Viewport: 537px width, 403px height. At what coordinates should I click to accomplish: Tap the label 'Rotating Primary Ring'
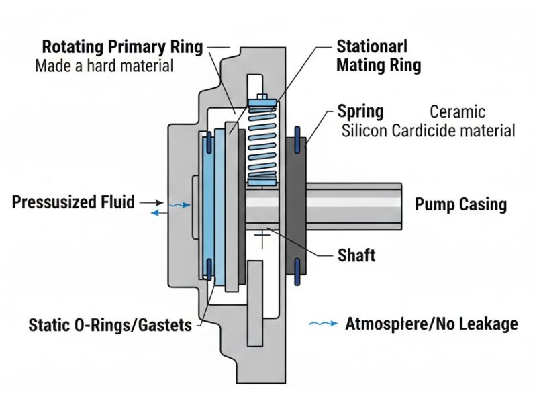pyautogui.click(x=121, y=48)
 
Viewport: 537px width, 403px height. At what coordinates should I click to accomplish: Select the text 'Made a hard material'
pyautogui.click(x=104, y=66)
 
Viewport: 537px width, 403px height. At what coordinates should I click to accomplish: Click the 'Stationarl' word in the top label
pyautogui.click(x=371, y=48)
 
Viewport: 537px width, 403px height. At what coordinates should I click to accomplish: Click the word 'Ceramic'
pyautogui.click(x=457, y=111)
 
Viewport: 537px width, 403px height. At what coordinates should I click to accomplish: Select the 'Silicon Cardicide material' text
pyautogui.click(x=428, y=130)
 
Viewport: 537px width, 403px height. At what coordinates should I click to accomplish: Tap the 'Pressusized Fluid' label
pyautogui.click(x=74, y=201)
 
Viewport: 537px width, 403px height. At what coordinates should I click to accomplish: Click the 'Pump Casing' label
pyautogui.click(x=460, y=204)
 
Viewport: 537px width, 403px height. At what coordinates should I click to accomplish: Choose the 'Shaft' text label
pyautogui.click(x=356, y=255)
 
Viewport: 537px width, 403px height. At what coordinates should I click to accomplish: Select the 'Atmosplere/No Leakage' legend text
pyautogui.click(x=432, y=324)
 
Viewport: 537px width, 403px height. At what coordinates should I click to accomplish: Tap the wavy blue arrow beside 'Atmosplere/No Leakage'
pyautogui.click(x=322, y=324)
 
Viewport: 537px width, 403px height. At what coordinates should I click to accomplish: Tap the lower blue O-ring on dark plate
pyautogui.click(x=297, y=271)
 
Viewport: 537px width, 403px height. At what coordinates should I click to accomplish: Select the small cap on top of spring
pyautogui.click(x=262, y=97)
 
